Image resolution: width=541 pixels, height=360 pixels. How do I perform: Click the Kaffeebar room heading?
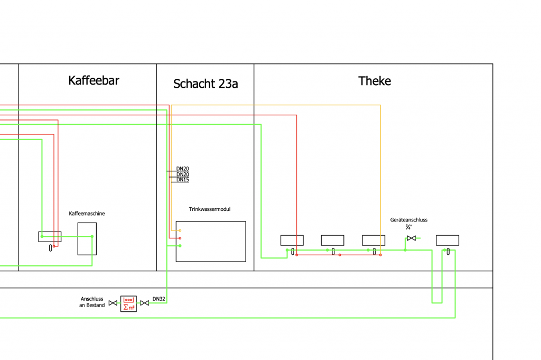coord(94,81)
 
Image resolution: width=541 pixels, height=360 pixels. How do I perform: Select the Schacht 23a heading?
coord(206,84)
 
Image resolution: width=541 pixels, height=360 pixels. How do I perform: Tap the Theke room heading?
coord(375,81)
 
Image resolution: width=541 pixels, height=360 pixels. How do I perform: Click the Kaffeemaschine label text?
coord(87,214)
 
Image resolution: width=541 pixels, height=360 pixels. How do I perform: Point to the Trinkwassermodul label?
coord(210,209)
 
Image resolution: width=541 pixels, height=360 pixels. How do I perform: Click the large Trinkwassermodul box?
coord(211,242)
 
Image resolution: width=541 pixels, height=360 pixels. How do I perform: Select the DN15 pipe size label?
coord(183,180)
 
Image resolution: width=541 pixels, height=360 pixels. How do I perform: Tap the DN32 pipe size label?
coord(159,299)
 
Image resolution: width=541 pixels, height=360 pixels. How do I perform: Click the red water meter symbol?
coord(128,303)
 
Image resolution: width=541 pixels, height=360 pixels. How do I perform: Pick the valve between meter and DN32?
coord(144,303)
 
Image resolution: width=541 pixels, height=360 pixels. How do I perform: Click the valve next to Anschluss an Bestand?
coord(113,303)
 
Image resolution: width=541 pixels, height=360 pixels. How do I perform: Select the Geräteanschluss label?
coord(409,220)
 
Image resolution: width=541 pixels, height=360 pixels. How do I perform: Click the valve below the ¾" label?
coord(411,238)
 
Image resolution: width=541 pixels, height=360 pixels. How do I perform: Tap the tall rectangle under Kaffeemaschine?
coord(87,239)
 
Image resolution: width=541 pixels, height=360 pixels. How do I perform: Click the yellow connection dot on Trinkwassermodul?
coord(180,230)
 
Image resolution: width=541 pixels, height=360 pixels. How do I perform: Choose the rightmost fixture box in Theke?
coord(447,241)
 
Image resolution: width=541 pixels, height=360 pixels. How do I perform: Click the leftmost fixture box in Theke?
coord(292,241)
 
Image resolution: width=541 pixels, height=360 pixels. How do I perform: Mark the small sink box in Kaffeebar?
coord(50,237)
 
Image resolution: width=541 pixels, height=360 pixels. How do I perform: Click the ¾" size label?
coord(409,227)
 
